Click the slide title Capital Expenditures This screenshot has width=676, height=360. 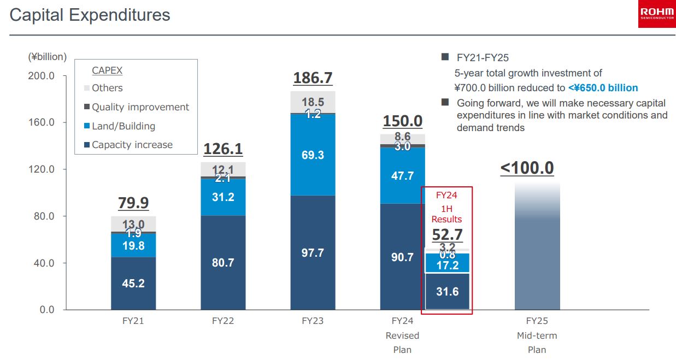click(90, 15)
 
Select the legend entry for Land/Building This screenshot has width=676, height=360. click(123, 126)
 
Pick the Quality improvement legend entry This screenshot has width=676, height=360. click(140, 107)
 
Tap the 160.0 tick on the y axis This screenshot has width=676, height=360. click(42, 122)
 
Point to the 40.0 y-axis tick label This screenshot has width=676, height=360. click(43, 263)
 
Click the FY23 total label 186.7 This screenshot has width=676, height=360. click(313, 78)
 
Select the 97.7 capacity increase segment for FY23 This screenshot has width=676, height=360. click(313, 253)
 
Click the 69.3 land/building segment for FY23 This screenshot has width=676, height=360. click(313, 155)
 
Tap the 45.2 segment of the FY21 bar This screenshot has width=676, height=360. click(133, 284)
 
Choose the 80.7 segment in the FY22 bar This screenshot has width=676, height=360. click(223, 263)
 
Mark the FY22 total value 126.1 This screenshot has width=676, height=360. click(223, 149)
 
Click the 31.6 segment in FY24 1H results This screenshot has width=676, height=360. click(447, 292)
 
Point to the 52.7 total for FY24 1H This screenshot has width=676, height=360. click(447, 235)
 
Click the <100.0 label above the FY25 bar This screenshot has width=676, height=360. click(527, 168)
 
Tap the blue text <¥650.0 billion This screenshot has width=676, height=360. click(603, 88)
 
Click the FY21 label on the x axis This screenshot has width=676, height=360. click(133, 321)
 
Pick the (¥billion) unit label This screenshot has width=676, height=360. click(48, 57)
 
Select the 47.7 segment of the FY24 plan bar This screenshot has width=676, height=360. click(402, 176)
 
